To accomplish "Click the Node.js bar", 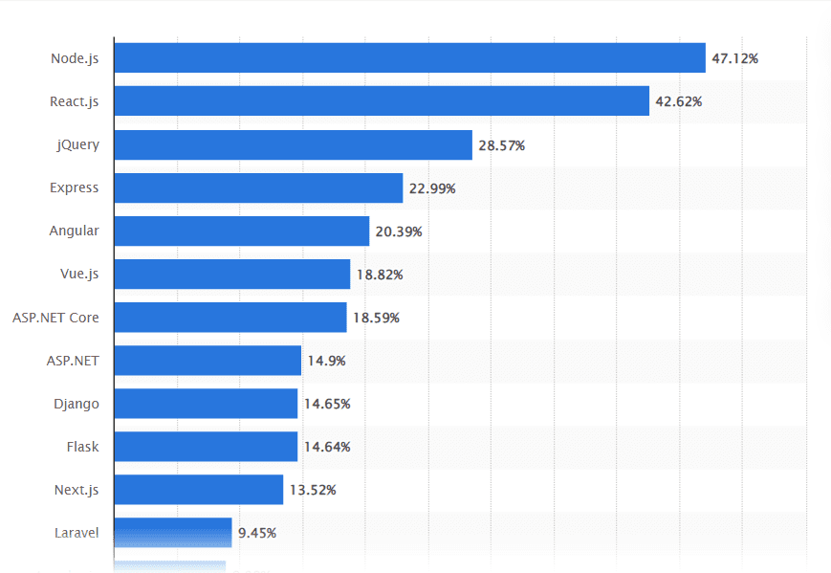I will [x=409, y=58].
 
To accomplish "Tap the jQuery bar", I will [x=293, y=144].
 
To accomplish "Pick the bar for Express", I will [x=258, y=188].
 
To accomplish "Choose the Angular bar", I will [x=241, y=231].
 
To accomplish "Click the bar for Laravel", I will [x=173, y=533].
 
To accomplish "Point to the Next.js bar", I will [x=199, y=490].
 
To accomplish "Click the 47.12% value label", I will [x=734, y=58].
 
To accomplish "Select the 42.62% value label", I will [x=678, y=101].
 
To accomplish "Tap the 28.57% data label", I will [x=501, y=145].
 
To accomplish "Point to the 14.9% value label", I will [x=325, y=361].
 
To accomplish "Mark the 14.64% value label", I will [x=327, y=447].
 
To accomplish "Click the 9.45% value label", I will [x=257, y=533].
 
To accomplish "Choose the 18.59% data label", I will [x=376, y=318].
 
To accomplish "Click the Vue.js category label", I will [x=79, y=275].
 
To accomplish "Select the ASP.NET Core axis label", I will [x=55, y=318].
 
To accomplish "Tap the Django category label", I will [x=77, y=404].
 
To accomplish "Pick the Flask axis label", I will [x=82, y=447].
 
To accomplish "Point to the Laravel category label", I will [x=75, y=533].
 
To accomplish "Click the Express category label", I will [x=75, y=188].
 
